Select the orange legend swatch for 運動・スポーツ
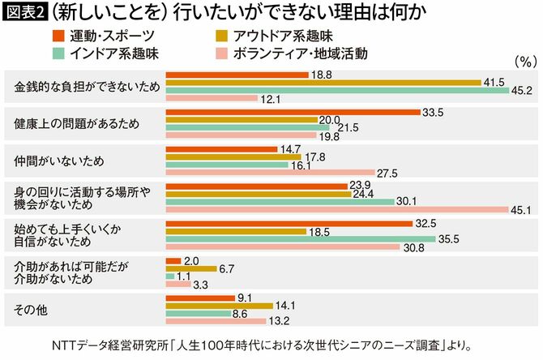click(x=56, y=36)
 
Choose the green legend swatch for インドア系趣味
click(x=56, y=53)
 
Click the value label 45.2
click(x=519, y=91)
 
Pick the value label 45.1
click(x=519, y=209)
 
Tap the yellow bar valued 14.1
click(x=219, y=305)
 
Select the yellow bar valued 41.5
click(x=323, y=83)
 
